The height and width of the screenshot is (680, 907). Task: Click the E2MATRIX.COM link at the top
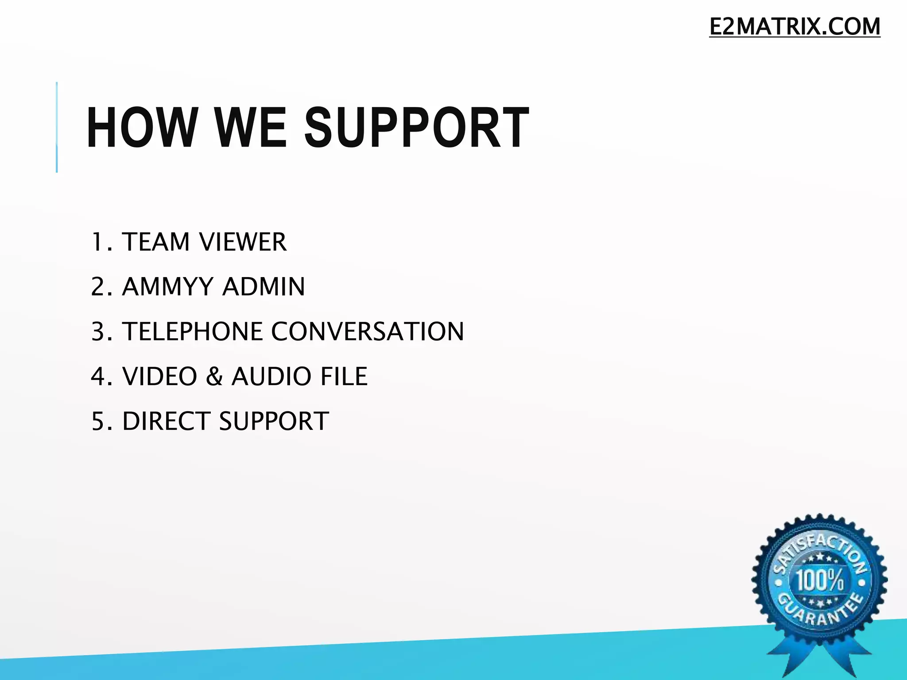point(795,27)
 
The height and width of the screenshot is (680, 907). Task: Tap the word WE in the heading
point(251,128)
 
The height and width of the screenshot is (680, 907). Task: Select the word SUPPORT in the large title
point(416,128)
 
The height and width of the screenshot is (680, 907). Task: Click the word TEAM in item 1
point(156,242)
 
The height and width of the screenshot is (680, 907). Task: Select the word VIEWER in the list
point(243,242)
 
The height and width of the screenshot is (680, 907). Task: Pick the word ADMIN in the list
point(264,287)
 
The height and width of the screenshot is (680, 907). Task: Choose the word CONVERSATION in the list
point(368,332)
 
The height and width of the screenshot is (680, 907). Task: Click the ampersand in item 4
point(214,376)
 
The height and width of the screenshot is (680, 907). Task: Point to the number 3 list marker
point(98,332)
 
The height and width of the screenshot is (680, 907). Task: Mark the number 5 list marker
point(98,421)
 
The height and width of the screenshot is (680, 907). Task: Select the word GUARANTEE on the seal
point(820,613)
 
